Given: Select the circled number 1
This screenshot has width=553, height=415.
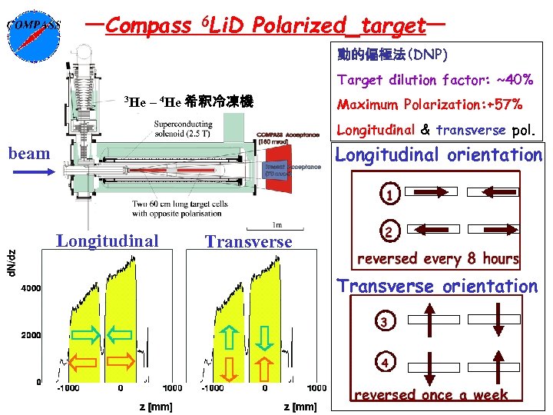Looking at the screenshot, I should (x=390, y=194).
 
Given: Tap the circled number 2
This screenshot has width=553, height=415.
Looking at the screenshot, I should (x=390, y=231).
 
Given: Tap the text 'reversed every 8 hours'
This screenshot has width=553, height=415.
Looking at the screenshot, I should (x=439, y=258).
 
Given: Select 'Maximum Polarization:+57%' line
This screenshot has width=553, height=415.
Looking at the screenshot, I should (x=429, y=105).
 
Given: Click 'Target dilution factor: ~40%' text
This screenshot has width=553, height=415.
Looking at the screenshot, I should (x=435, y=80).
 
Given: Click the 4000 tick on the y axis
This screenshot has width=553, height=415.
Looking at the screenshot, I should (x=31, y=288).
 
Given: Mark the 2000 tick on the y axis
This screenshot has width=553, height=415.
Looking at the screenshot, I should (x=31, y=335).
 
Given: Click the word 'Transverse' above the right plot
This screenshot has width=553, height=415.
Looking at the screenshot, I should (x=248, y=242).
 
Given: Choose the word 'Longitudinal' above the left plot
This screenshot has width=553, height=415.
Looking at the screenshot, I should (x=108, y=241).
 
